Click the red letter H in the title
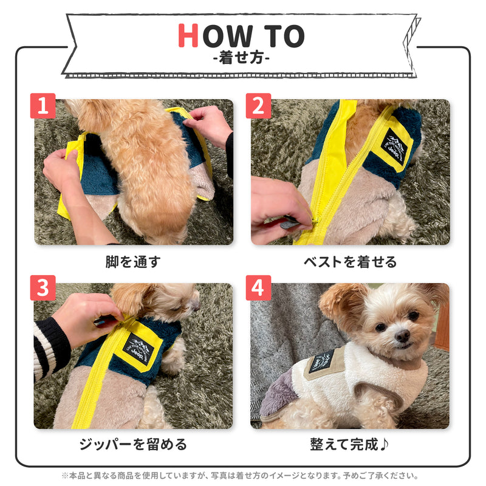(x=188, y=36)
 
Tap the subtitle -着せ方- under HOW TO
(x=242, y=60)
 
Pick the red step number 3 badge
(x=43, y=288)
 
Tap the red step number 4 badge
(x=258, y=288)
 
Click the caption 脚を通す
(x=132, y=262)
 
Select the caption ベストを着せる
(x=350, y=262)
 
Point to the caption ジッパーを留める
(x=132, y=444)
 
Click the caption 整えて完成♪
(x=350, y=444)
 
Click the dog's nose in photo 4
(x=402, y=335)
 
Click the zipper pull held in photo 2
(x=290, y=223)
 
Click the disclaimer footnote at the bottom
(x=242, y=476)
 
